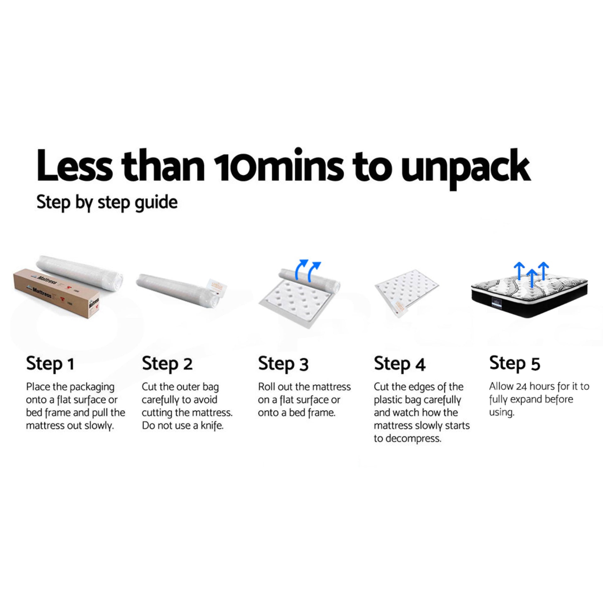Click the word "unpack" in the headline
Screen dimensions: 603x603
click(466, 168)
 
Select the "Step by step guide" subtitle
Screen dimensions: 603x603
click(107, 203)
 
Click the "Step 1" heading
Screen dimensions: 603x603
click(50, 364)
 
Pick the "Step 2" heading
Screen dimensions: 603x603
click(167, 364)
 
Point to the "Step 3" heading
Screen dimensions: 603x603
click(283, 364)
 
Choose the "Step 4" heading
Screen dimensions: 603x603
click(399, 364)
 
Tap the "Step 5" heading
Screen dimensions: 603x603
click(515, 363)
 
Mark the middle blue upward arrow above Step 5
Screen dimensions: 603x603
click(531, 278)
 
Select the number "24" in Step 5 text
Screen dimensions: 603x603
click(521, 386)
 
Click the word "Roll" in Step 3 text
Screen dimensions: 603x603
click(266, 387)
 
